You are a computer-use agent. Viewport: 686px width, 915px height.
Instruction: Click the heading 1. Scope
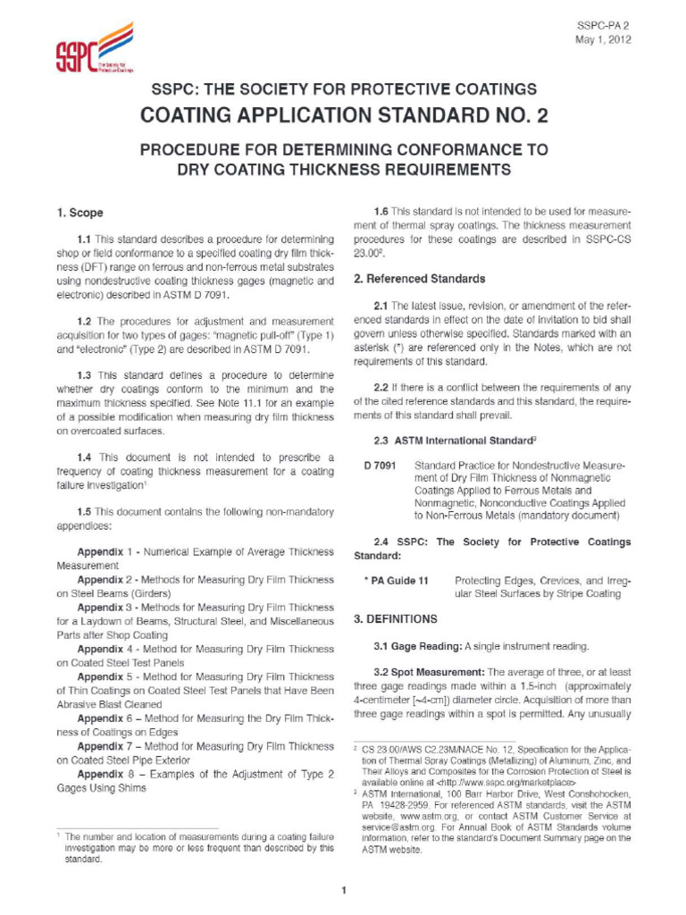pyautogui.click(x=79, y=213)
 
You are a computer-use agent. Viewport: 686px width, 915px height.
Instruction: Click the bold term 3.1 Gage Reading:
pyautogui.click(x=417, y=645)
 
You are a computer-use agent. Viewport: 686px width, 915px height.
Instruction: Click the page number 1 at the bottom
pyautogui.click(x=343, y=890)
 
